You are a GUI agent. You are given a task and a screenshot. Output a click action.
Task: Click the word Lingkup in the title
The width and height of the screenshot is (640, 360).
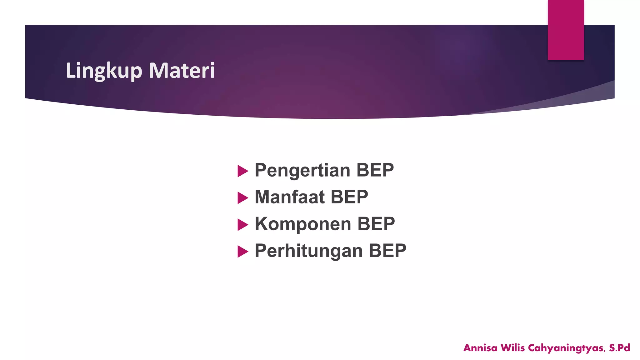point(104,71)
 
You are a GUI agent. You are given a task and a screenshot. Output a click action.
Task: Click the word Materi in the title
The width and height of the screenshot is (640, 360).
point(182,71)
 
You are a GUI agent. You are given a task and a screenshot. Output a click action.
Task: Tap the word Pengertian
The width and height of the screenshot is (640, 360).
point(302,170)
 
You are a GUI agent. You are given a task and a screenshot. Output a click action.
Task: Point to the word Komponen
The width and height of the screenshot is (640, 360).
point(303,224)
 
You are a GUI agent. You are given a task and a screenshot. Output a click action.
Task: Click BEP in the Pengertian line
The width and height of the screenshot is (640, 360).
point(375,170)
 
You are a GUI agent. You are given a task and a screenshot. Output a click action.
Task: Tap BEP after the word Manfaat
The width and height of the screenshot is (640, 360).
point(349,197)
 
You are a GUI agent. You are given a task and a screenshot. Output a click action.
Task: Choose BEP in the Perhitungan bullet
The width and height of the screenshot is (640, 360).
point(387,251)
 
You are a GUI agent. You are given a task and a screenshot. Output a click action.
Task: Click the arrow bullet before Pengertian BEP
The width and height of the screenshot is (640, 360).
point(242,171)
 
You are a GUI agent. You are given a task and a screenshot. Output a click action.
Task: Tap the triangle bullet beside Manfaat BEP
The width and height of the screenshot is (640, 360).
point(242,198)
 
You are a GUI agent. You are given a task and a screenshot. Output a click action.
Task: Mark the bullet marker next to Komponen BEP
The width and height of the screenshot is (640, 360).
point(242,225)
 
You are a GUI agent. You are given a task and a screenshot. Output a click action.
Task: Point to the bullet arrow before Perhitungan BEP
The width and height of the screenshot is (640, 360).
point(242,252)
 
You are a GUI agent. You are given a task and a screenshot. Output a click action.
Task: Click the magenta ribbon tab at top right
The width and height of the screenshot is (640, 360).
point(566,30)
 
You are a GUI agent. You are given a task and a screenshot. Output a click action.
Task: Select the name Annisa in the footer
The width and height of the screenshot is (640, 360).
point(480,348)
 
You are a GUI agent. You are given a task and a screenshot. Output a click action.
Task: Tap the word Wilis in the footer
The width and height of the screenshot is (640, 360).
point(512,348)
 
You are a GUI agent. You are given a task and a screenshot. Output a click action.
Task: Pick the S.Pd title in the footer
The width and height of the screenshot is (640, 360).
point(619,348)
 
